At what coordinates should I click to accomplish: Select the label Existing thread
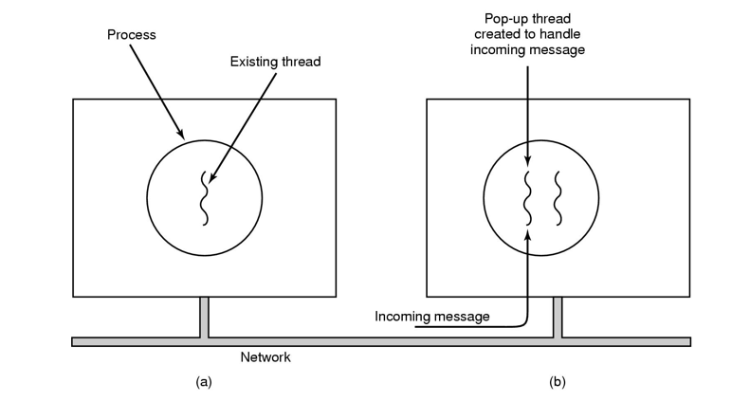coord(276,62)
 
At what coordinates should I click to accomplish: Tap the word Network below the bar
coord(265,357)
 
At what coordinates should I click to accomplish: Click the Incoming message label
coord(432,316)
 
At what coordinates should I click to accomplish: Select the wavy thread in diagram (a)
coord(204,198)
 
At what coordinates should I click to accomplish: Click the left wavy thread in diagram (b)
coord(528,198)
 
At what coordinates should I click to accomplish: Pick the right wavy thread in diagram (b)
coord(558,198)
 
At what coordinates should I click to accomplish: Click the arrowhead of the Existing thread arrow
coord(211,180)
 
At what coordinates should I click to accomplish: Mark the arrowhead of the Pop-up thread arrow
coord(528,164)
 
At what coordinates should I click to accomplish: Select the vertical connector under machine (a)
coord(204,317)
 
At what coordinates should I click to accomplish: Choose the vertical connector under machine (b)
coord(558,317)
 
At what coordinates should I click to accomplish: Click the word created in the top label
coord(497,34)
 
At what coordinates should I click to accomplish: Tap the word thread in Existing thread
coord(301,62)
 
